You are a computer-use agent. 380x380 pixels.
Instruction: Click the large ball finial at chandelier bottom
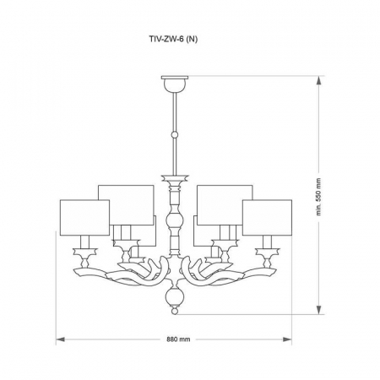pyautogui.click(x=175, y=296)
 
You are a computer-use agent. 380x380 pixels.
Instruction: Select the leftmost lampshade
pyautogui.click(x=84, y=217)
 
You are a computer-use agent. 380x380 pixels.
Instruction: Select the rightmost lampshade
pyautogui.click(x=267, y=217)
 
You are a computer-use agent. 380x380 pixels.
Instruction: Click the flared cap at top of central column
pyautogui.click(x=175, y=180)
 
